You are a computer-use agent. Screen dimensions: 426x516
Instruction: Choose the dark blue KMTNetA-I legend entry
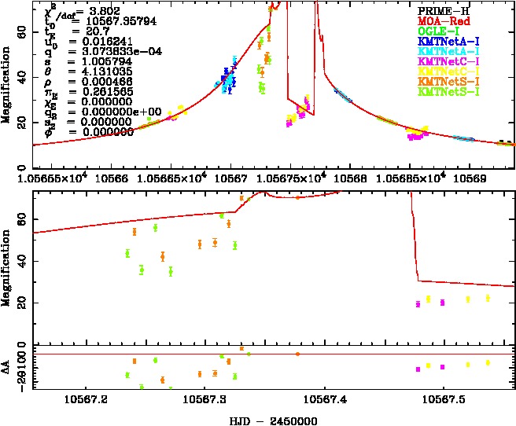click(448, 41)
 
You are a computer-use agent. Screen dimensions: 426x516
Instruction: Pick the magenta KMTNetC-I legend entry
click(448, 61)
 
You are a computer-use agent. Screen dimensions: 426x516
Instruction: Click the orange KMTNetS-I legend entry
click(448, 82)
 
